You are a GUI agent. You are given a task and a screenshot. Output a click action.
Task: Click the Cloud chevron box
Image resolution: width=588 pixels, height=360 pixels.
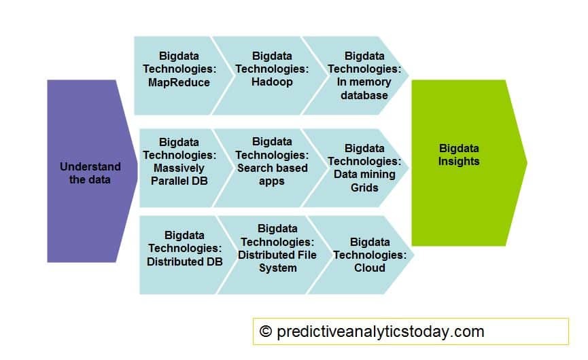367,255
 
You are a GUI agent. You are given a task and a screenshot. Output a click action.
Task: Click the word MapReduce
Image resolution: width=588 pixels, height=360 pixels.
180,82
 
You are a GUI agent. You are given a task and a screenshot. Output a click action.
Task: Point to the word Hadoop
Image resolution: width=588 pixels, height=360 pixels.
272,82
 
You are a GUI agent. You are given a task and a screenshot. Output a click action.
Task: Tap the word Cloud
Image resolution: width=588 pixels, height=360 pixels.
370,268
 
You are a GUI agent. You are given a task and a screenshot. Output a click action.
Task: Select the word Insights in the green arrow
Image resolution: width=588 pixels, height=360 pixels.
459,162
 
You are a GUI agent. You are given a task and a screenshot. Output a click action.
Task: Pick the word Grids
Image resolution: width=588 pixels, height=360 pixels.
364,187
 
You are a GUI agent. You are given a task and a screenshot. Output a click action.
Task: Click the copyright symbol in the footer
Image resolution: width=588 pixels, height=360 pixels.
266,331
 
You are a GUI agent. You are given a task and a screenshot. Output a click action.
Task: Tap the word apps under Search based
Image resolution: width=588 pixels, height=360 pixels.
272,181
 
